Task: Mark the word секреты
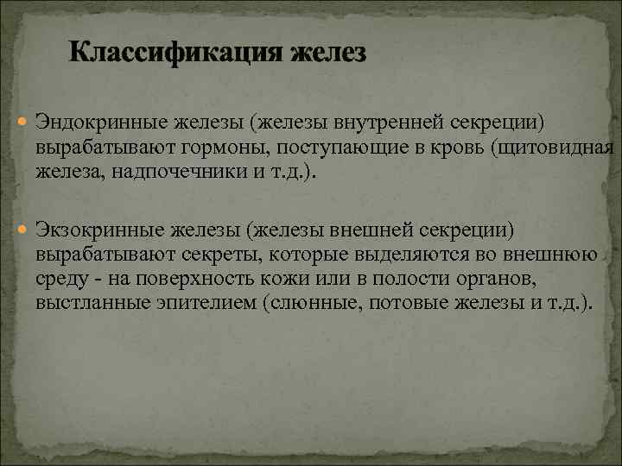click(222, 254)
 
